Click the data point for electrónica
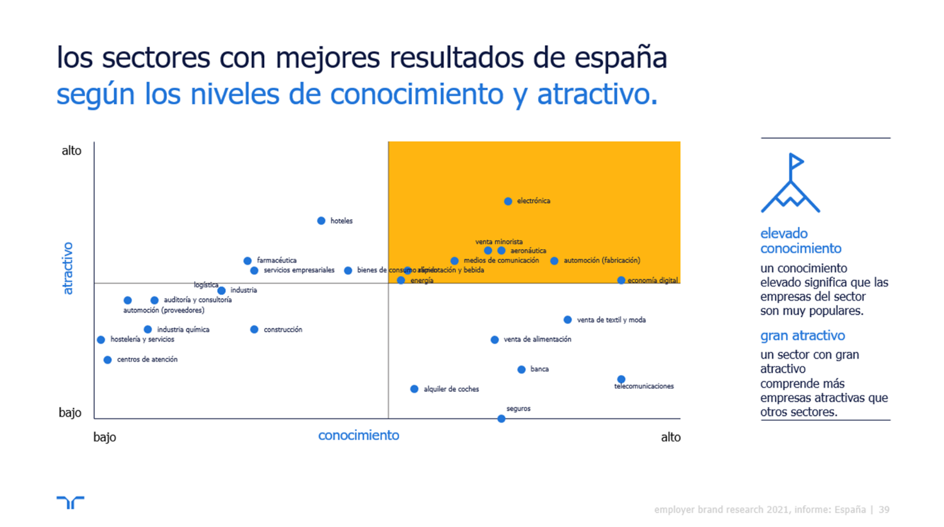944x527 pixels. [x=508, y=201]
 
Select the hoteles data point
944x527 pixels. [x=321, y=221]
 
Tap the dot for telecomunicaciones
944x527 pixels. [x=621, y=379]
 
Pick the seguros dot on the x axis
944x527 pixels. [x=501, y=418]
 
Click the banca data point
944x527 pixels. [x=521, y=369]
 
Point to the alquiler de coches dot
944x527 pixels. [x=414, y=389]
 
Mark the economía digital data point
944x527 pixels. [x=621, y=280]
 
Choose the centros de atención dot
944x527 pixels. [x=107, y=360]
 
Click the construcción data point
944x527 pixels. [x=254, y=329]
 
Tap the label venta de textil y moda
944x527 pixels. [x=611, y=320]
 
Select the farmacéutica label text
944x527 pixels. [x=276, y=261]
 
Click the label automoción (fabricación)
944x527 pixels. [x=602, y=261]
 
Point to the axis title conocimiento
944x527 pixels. [x=358, y=436]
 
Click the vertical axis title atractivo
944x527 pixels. [x=68, y=268]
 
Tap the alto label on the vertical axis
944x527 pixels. [x=71, y=151]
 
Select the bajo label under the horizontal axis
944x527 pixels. [x=104, y=437]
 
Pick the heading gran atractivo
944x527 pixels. [x=802, y=336]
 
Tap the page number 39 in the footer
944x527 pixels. [x=884, y=510]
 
